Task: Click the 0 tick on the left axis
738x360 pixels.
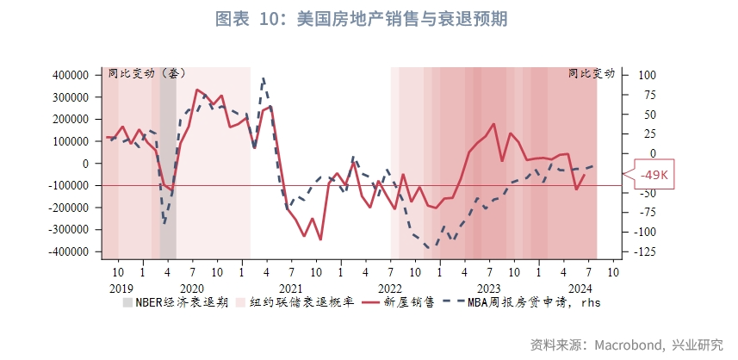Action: (86, 163)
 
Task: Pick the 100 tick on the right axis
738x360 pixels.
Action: (646, 75)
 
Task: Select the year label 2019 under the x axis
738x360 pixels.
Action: (121, 288)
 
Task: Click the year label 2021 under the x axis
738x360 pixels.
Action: (291, 288)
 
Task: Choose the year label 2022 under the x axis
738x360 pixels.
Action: (390, 288)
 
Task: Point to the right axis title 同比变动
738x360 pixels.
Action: (592, 73)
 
